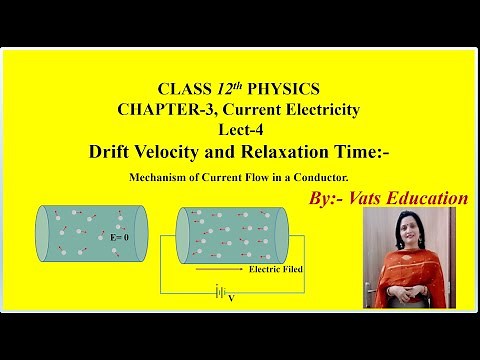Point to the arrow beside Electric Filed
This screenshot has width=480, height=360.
pyautogui.click(x=218, y=268)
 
